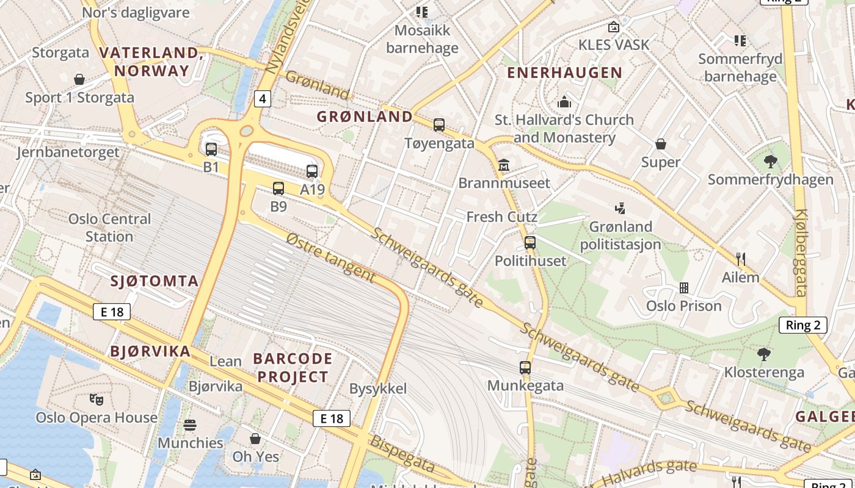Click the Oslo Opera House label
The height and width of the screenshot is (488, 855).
[96, 418]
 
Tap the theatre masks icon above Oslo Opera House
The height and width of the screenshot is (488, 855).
[96, 400]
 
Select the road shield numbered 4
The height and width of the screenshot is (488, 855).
[262, 98]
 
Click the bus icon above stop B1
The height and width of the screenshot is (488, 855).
[211, 149]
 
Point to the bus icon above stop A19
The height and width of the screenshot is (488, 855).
[312, 171]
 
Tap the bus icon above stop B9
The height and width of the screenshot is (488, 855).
[278, 188]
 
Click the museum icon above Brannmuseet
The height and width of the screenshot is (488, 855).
[504, 165]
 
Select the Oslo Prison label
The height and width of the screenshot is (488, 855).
[684, 306]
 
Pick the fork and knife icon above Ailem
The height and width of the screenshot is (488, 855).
[741, 259]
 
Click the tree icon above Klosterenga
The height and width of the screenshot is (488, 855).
[763, 354]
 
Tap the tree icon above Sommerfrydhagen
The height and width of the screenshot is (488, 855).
[770, 162]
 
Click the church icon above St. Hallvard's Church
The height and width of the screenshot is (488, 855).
[564, 101]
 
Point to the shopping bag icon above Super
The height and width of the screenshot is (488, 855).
[660, 144]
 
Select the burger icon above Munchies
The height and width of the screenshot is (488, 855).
[190, 425]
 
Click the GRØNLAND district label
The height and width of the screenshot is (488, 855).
[365, 117]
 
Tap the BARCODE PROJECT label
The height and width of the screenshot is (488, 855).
[293, 367]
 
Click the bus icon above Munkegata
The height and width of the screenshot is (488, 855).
[525, 368]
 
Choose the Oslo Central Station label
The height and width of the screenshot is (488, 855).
[109, 228]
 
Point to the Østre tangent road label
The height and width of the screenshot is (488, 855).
[330, 256]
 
